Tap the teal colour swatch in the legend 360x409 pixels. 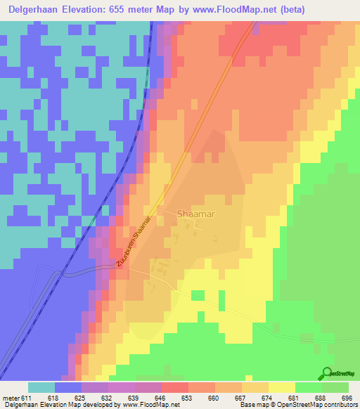click(41, 387)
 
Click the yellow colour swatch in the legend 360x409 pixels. click(282, 387)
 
